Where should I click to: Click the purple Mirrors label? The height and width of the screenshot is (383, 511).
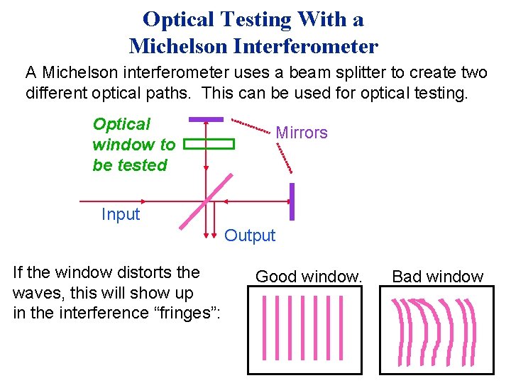(301, 133)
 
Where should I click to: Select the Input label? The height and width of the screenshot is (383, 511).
(120, 214)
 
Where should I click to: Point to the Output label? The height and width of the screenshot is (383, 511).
(250, 235)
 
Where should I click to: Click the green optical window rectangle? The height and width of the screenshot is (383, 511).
(209, 144)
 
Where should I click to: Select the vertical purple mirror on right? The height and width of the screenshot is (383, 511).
(291, 201)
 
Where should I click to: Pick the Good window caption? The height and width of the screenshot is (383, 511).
(309, 277)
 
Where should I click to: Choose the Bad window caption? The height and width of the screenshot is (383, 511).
(437, 277)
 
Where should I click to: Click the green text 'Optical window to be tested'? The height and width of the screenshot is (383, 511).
(133, 145)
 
